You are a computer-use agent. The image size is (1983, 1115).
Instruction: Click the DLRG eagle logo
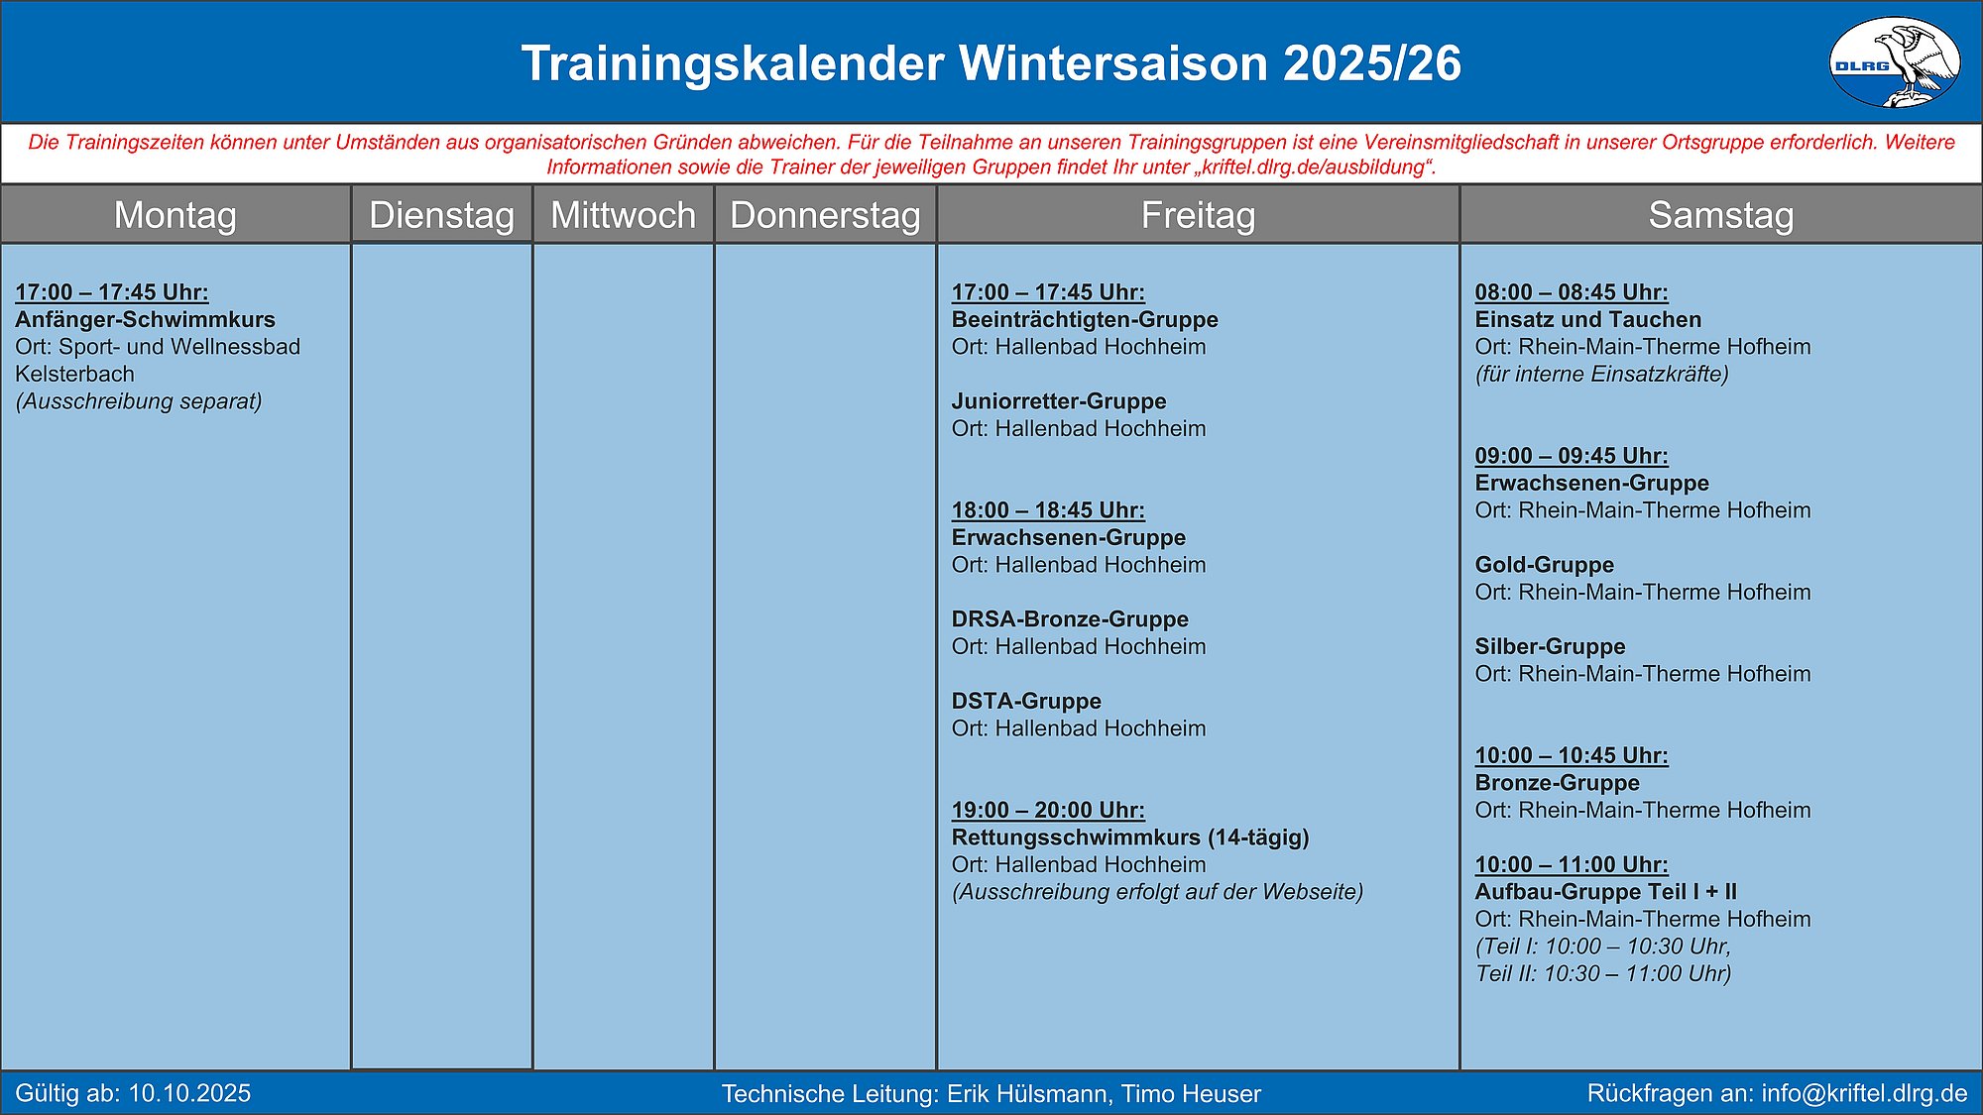1894,61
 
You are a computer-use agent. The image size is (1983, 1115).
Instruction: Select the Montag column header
175,215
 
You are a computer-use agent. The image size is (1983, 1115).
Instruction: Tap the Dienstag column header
442,215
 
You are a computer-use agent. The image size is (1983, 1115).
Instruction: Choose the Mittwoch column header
624,215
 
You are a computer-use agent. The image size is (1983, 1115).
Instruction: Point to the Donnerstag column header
826,215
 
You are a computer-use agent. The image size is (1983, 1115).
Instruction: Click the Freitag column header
1199,215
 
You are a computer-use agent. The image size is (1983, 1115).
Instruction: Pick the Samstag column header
1721,215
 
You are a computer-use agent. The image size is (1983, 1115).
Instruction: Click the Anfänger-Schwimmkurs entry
146,319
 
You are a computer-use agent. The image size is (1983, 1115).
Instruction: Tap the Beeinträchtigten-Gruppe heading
1085,319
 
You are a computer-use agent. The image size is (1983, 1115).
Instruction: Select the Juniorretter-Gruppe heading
1059,401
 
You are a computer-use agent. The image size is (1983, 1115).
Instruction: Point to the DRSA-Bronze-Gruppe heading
1070,619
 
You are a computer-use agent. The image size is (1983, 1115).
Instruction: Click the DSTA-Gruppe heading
1026,701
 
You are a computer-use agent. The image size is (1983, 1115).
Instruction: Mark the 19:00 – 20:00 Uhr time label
1048,810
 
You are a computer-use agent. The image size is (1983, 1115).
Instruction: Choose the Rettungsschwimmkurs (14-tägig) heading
1130,837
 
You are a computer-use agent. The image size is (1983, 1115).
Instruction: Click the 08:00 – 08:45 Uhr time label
1572,292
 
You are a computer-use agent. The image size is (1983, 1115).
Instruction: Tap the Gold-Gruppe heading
1545,565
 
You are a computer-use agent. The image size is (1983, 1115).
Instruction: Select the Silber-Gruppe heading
1551,646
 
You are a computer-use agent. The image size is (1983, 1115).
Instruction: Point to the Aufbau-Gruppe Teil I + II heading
1606,892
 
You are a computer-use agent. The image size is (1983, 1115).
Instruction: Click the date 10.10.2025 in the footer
189,1093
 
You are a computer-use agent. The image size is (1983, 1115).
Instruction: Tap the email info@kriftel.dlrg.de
1864,1093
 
